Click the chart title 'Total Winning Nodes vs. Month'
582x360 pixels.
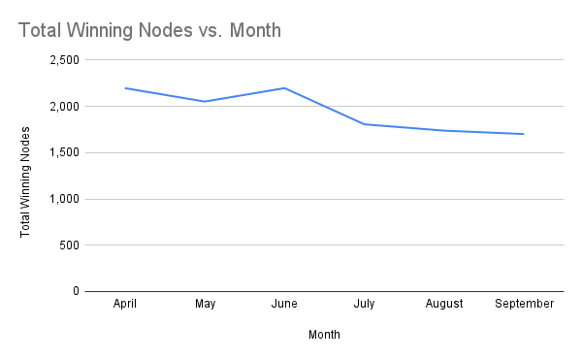pos(149,30)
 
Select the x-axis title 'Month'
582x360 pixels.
pos(324,335)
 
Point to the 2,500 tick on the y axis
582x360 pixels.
pos(64,60)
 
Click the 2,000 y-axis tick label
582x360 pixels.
pos(64,107)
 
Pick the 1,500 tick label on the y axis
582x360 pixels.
pos(64,152)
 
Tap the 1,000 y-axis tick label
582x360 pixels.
pos(64,199)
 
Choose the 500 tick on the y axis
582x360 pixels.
pos(69,245)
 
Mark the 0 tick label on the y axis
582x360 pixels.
pos(76,291)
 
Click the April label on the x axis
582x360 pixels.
pos(125,304)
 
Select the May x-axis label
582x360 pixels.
pos(205,304)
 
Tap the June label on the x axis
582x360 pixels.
pos(284,304)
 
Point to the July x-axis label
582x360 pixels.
pos(364,304)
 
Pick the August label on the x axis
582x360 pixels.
pos(443,304)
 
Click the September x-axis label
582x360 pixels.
pos(524,304)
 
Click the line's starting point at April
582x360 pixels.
pos(125,88)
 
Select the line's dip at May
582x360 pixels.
pos(205,102)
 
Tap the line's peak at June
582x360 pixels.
pos(284,88)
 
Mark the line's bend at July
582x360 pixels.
pos(364,124)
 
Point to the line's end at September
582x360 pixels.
pos(524,134)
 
